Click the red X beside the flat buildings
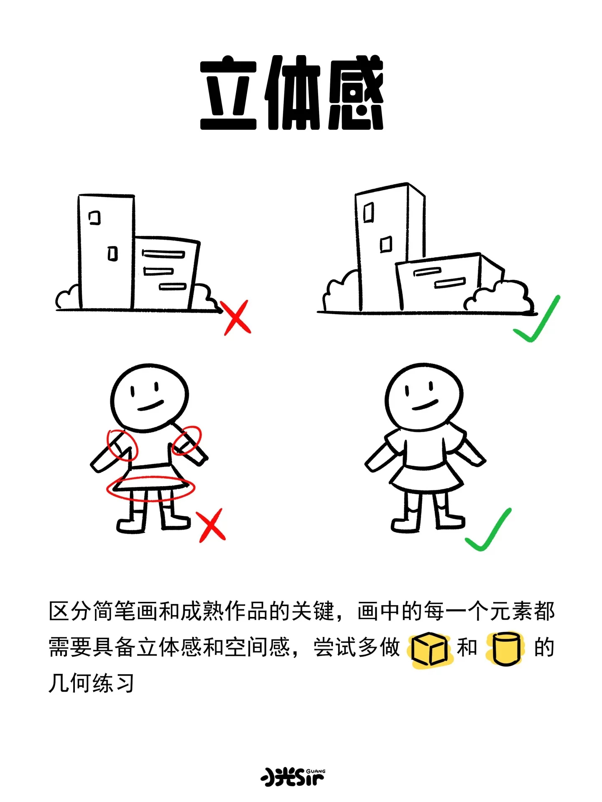(237, 317)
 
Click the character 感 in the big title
(356, 93)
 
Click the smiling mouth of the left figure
(150, 406)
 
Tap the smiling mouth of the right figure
(425, 405)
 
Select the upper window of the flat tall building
(95, 218)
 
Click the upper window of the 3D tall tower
(368, 212)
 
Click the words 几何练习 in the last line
(91, 684)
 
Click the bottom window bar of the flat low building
(172, 287)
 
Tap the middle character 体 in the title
(292, 92)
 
